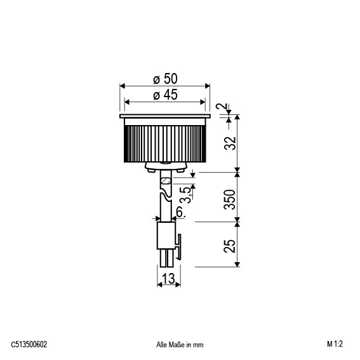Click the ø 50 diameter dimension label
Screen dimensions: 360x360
click(165, 79)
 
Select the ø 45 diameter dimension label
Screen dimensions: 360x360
click(165, 95)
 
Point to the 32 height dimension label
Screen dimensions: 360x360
click(230, 143)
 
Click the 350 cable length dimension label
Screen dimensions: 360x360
click(230, 199)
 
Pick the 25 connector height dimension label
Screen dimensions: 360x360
click(230, 246)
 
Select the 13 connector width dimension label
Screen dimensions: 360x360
click(168, 279)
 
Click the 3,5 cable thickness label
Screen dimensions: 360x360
click(186, 195)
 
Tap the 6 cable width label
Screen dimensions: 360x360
click(180, 211)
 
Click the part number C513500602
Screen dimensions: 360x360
click(29, 344)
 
